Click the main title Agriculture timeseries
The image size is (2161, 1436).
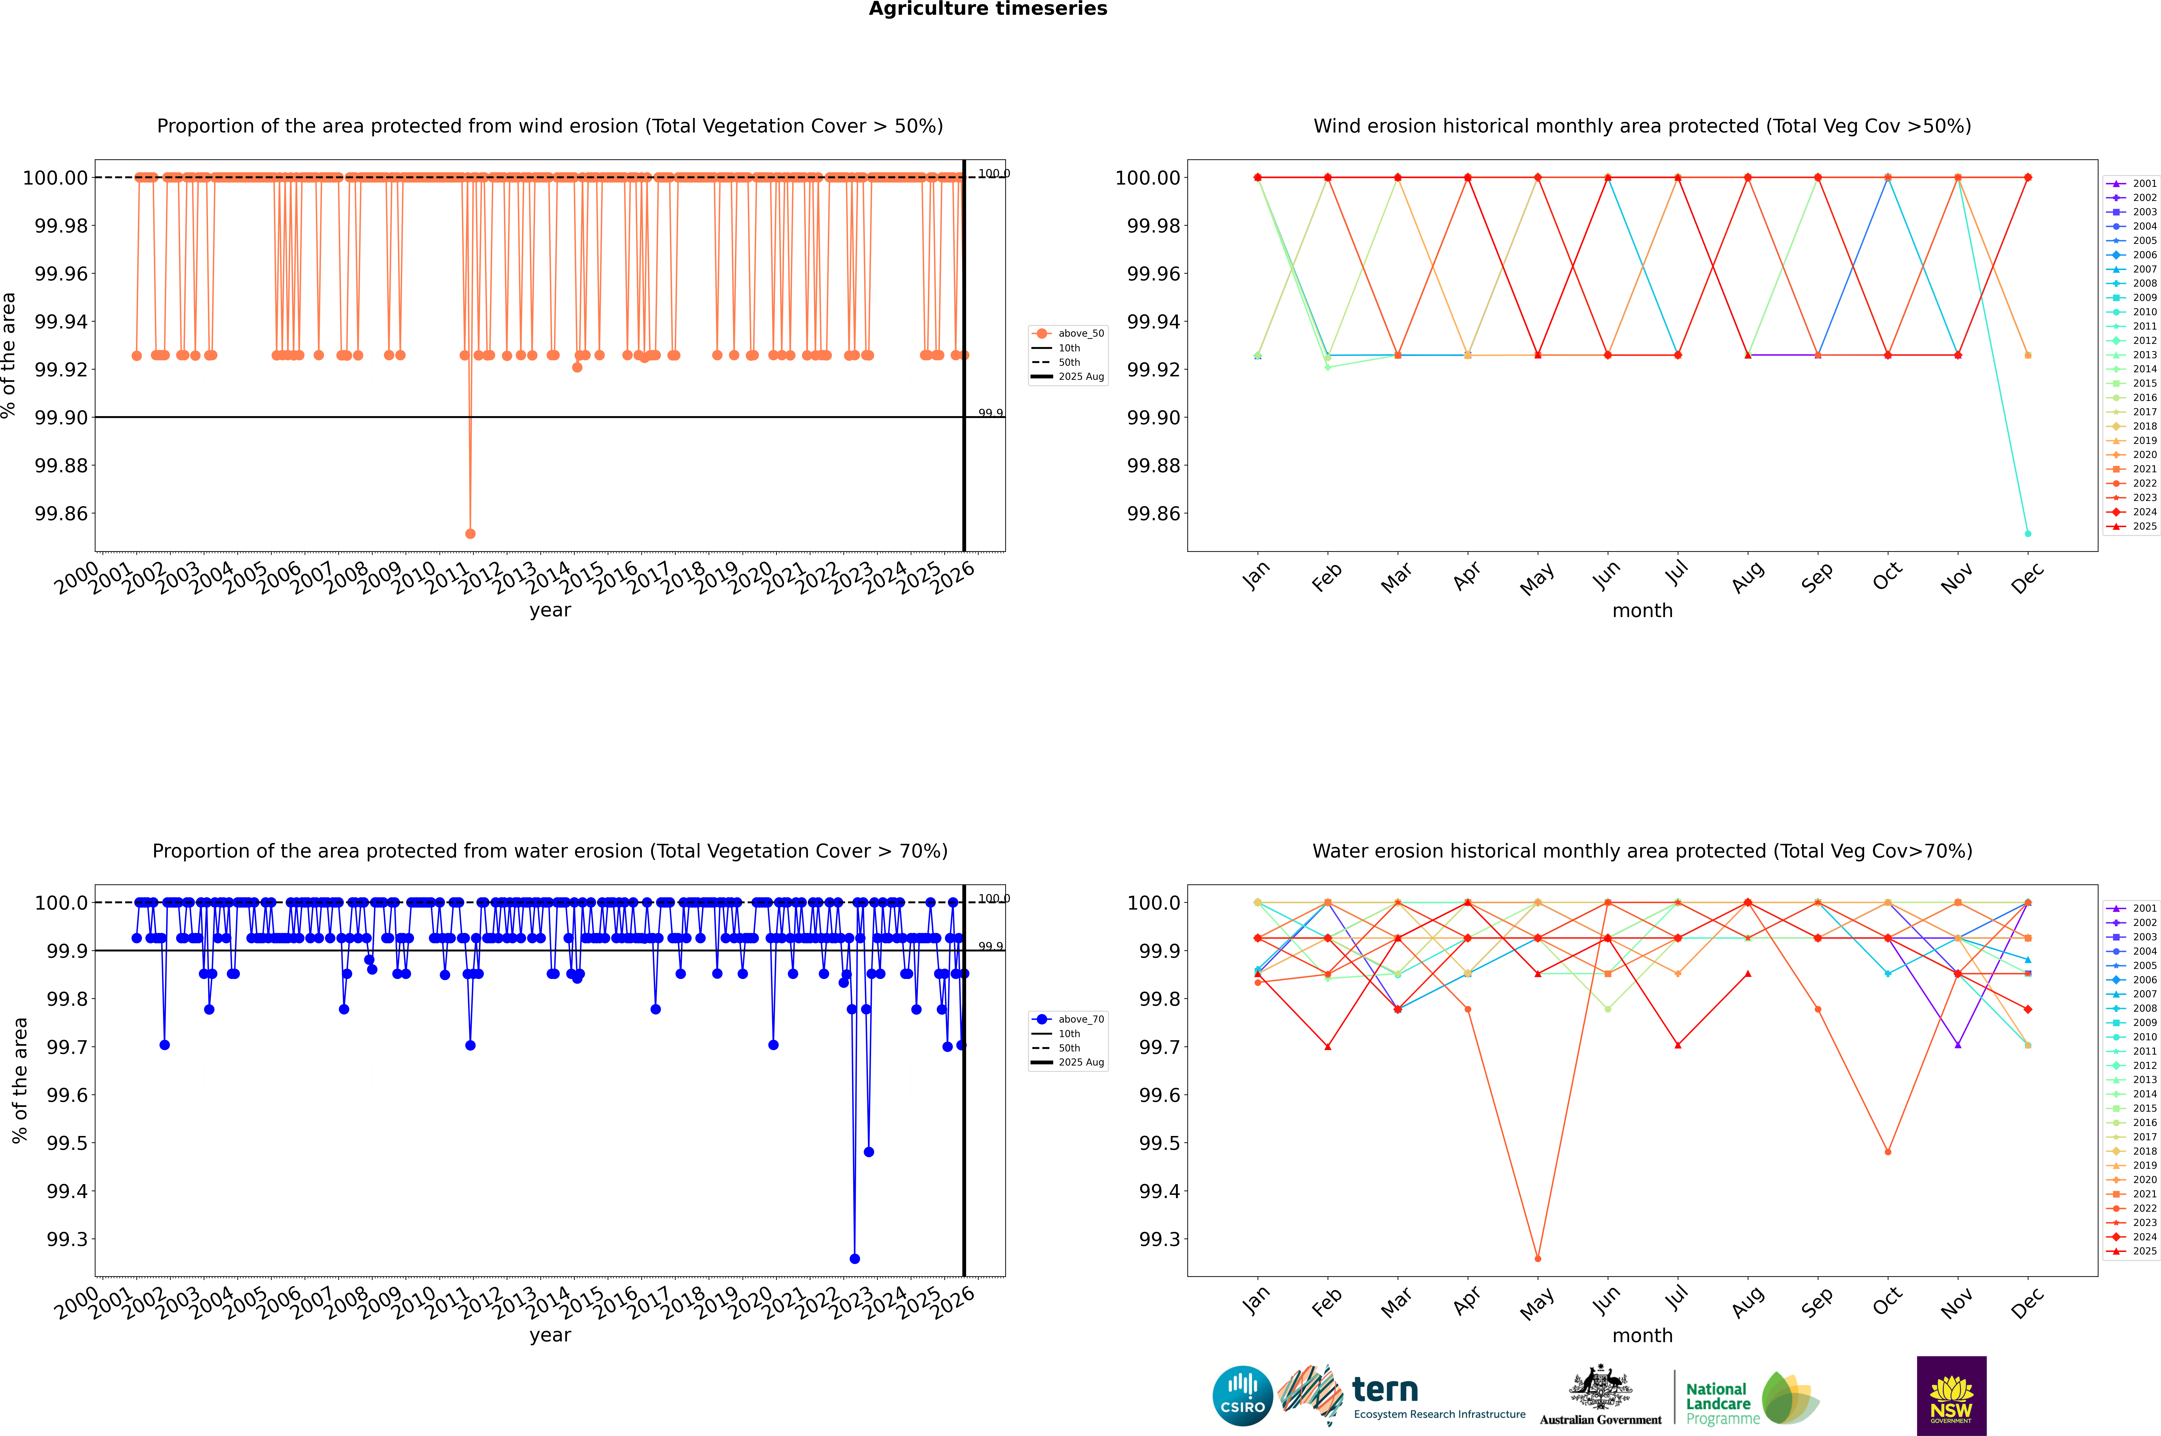click(988, 9)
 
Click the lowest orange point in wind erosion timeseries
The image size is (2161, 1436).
click(470, 533)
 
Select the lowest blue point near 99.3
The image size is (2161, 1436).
click(855, 1258)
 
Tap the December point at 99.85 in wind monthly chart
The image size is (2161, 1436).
click(2027, 533)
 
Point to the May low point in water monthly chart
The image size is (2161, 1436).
click(1537, 1258)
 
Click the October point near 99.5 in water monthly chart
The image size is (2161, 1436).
click(1887, 1151)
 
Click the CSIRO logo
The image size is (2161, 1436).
click(1242, 1397)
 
